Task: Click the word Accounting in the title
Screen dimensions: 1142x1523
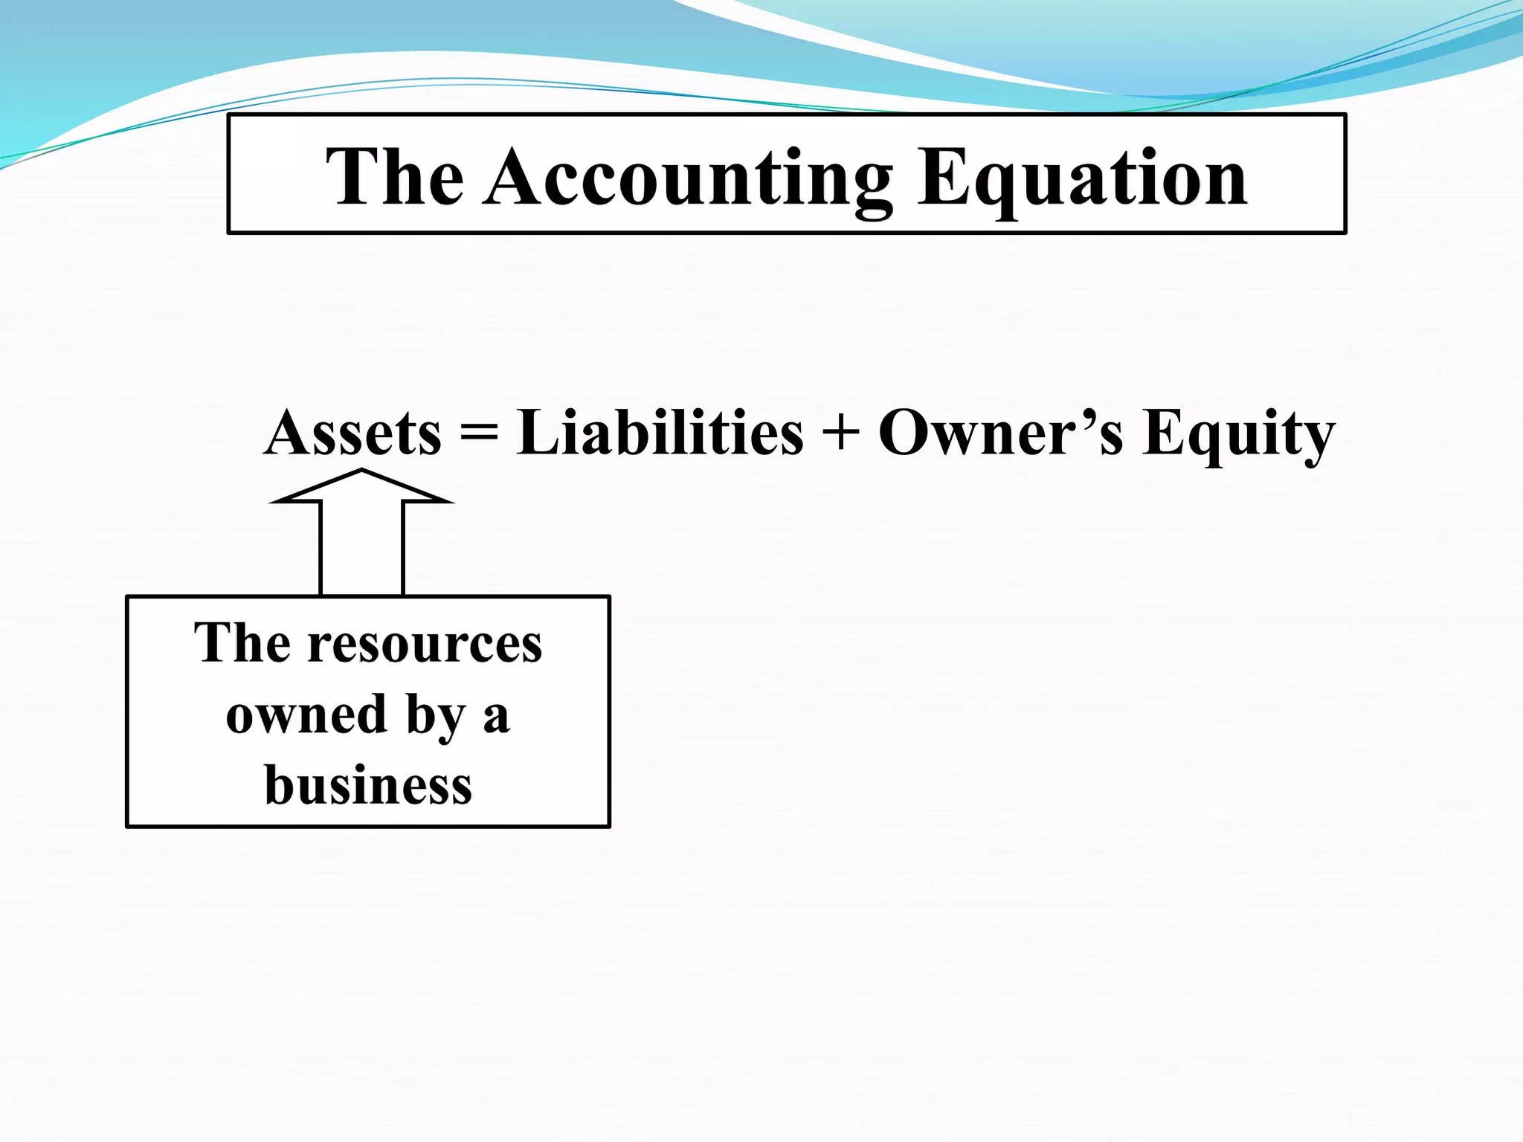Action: click(688, 178)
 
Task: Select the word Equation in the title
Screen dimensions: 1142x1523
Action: click(1082, 178)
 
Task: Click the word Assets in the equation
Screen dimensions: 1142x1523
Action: click(353, 433)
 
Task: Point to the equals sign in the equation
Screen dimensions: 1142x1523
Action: click(479, 433)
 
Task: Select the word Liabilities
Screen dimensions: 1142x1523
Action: click(660, 433)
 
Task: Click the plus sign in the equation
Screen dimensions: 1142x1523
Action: click(841, 433)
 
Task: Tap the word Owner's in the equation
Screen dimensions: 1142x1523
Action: click(1000, 433)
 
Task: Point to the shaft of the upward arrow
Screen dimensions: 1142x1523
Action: click(361, 550)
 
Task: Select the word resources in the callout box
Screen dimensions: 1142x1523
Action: click(425, 643)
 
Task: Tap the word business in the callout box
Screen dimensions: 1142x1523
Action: click(368, 785)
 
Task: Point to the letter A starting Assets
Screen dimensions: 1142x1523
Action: click(289, 433)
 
